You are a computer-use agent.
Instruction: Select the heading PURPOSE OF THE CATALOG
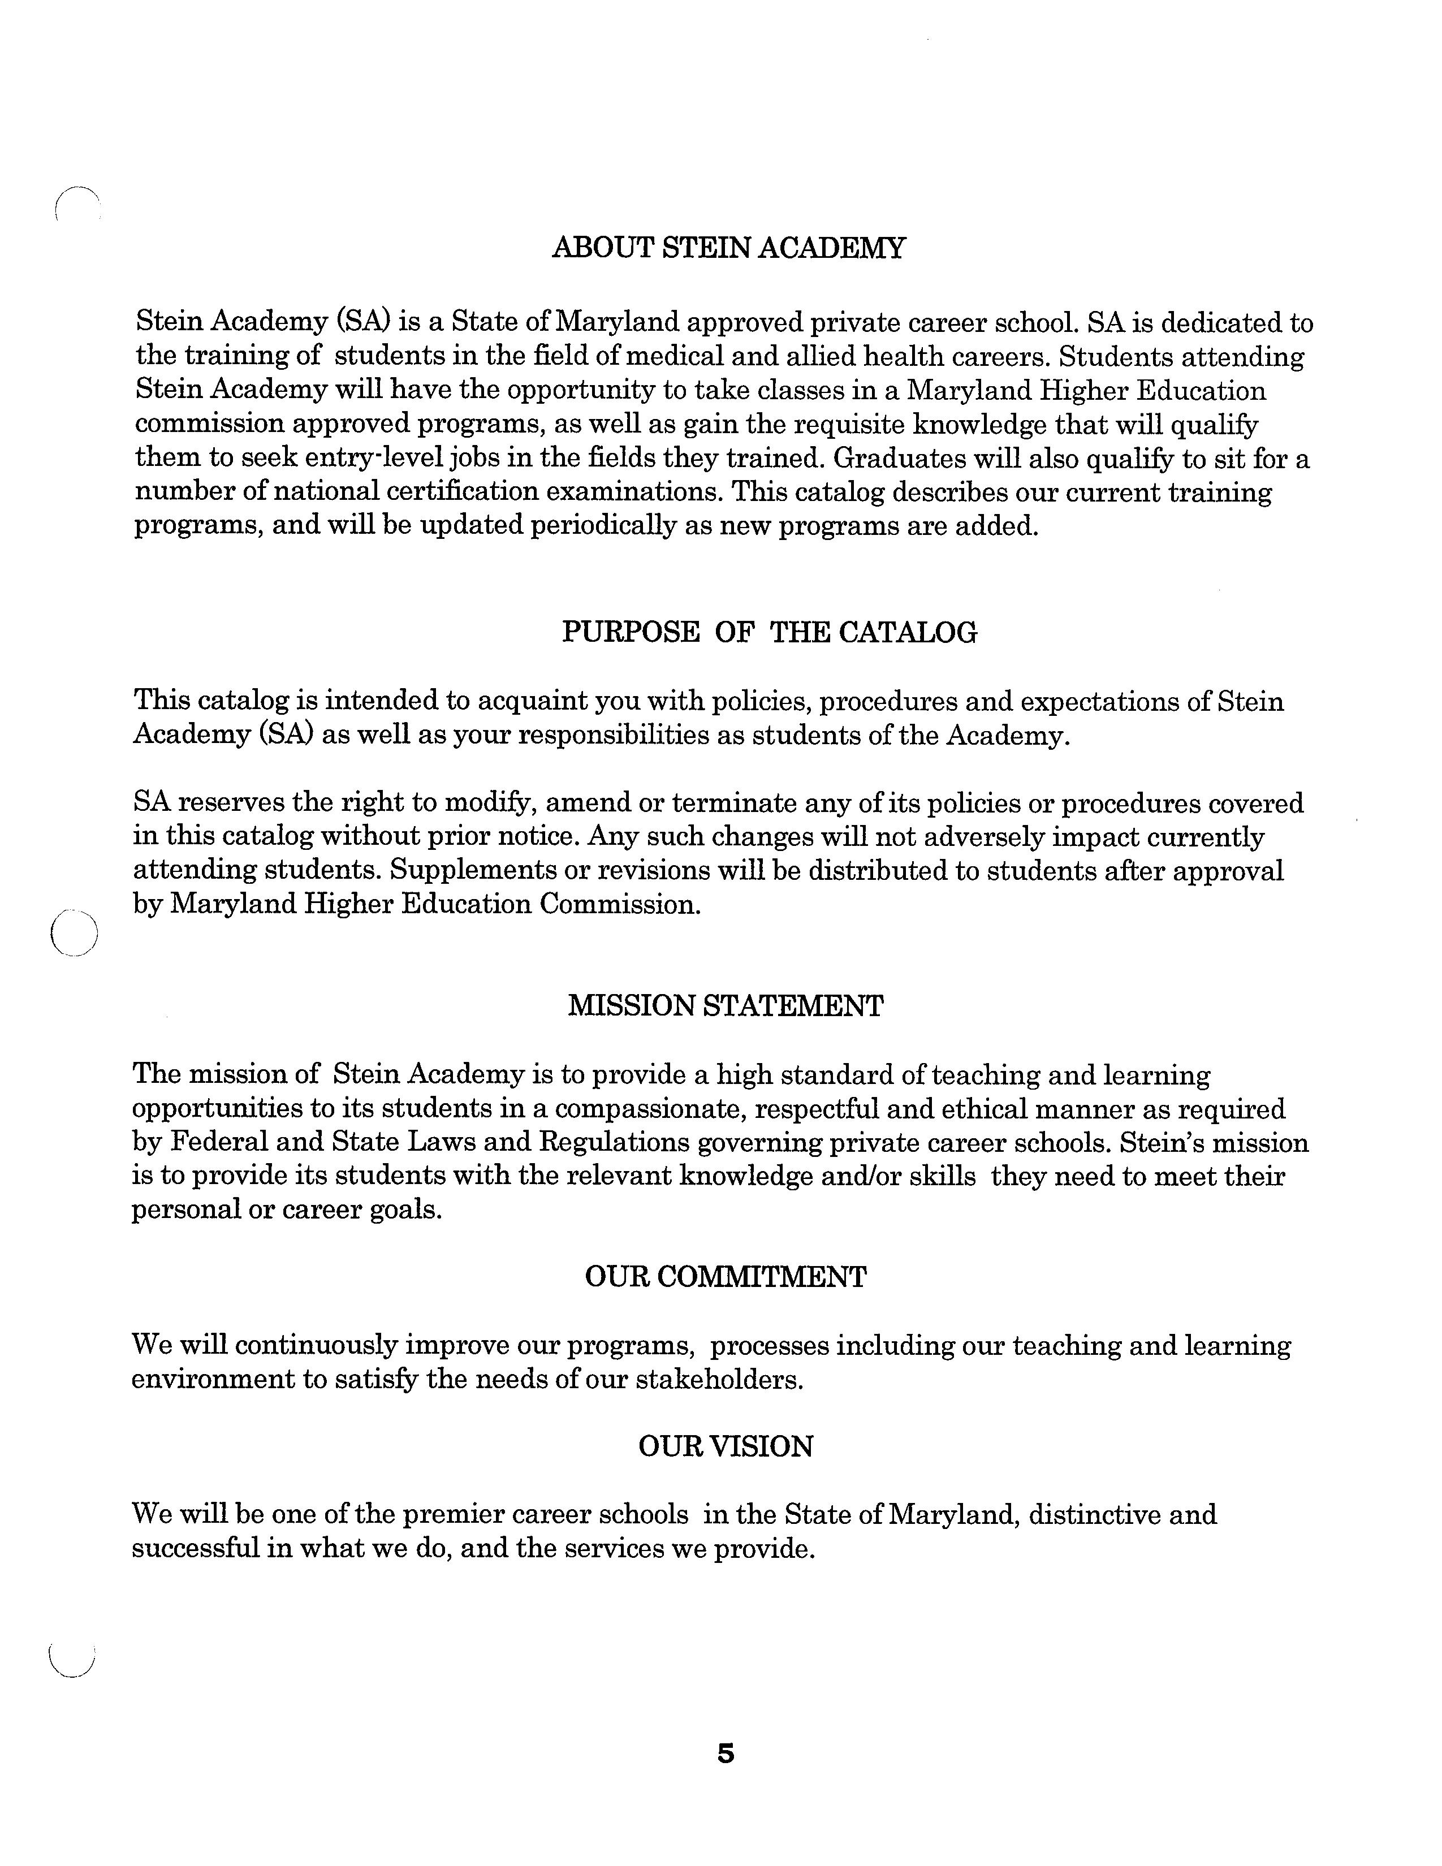(769, 632)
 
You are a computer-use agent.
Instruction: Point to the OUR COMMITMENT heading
(726, 1277)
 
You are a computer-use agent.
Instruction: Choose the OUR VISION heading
(726, 1446)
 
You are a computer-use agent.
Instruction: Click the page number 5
(726, 1754)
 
